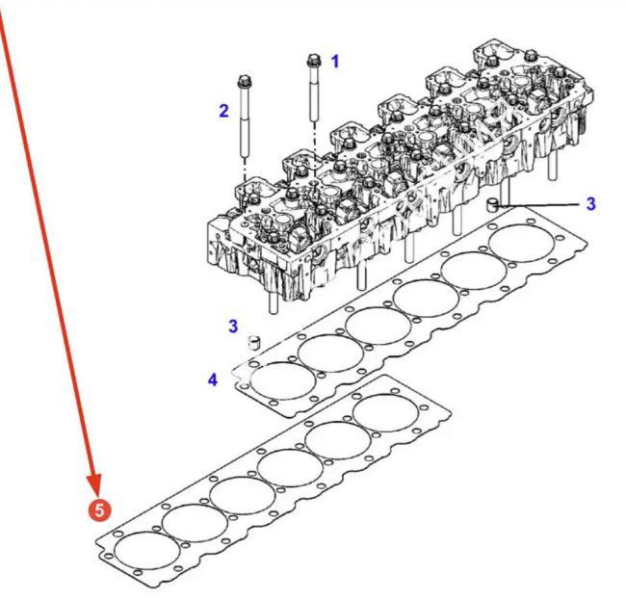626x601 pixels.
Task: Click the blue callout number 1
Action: pyautogui.click(x=335, y=62)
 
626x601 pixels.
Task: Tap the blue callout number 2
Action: pyautogui.click(x=224, y=111)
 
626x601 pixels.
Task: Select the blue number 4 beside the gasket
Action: pyautogui.click(x=213, y=379)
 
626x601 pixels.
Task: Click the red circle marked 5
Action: pyautogui.click(x=99, y=510)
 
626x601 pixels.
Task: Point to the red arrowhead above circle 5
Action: pyautogui.click(x=95, y=484)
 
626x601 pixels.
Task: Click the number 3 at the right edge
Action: pyautogui.click(x=591, y=203)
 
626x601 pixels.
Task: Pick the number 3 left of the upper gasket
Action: pyautogui.click(x=233, y=326)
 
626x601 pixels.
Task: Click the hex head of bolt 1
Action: pyautogui.click(x=313, y=61)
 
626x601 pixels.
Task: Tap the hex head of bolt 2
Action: pyautogui.click(x=244, y=81)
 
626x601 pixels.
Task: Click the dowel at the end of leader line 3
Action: pyautogui.click(x=493, y=205)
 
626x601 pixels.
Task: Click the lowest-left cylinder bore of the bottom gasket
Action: pyautogui.click(x=147, y=551)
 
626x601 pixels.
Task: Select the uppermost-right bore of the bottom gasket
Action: pyautogui.click(x=386, y=413)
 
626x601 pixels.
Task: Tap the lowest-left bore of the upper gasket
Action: pyautogui.click(x=282, y=381)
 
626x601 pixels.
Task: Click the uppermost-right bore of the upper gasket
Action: pyautogui.click(x=521, y=243)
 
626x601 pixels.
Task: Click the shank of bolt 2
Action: pyautogui.click(x=245, y=121)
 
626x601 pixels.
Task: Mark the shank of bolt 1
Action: pyautogui.click(x=314, y=93)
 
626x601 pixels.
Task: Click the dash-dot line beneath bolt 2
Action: pyautogui.click(x=246, y=169)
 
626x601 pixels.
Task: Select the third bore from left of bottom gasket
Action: pyautogui.click(x=243, y=496)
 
